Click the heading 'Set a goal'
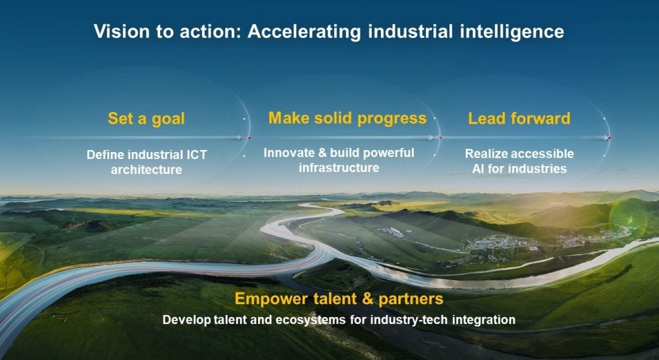146,118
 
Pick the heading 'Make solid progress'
348,118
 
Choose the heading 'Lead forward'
519,118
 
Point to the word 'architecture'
146,170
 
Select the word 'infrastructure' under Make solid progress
339,168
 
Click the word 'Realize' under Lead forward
486,154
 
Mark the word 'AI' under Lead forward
471,169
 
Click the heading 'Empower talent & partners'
339,299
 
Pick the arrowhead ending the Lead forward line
608,137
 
